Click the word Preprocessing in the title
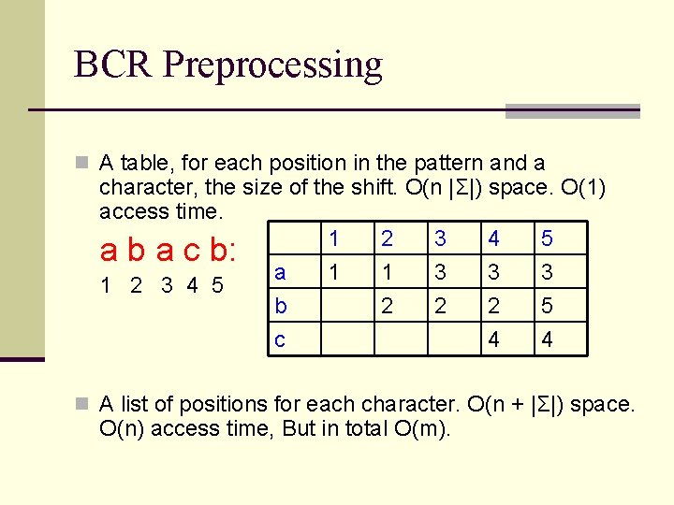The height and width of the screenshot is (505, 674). pos(272,65)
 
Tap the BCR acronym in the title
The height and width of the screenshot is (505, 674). pos(113,65)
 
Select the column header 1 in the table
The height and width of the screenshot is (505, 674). pos(332,238)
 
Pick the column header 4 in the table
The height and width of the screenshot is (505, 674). pos(493,238)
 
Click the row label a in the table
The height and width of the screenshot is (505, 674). pos(279,271)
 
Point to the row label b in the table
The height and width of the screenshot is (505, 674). pos(280,306)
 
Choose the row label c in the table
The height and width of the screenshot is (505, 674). pos(279,339)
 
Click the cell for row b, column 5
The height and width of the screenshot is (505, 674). pos(547,306)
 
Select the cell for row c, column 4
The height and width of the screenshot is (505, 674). pos(493,339)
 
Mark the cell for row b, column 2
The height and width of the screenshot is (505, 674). pos(386,306)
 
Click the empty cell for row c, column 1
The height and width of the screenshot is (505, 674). pos(347,339)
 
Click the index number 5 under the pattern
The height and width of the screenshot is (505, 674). pos(217,285)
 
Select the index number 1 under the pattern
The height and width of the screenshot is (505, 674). pos(108,285)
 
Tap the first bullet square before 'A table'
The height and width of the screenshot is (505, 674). pos(83,164)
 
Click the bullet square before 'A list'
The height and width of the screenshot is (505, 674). pos(83,405)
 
